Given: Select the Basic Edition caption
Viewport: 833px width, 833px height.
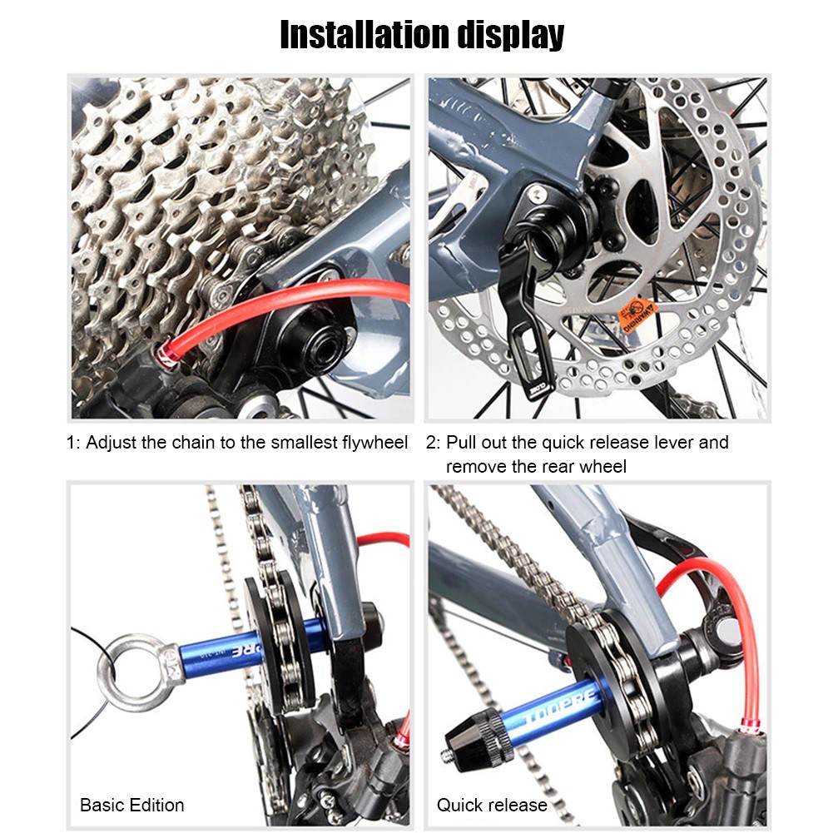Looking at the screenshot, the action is (x=131, y=805).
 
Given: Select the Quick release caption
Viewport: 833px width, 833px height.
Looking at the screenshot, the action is (x=492, y=805).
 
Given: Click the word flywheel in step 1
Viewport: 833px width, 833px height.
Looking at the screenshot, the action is (x=374, y=443).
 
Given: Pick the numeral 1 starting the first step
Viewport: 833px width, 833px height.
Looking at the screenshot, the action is (x=71, y=443).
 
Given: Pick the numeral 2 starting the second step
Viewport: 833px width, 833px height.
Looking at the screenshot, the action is (x=431, y=443).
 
